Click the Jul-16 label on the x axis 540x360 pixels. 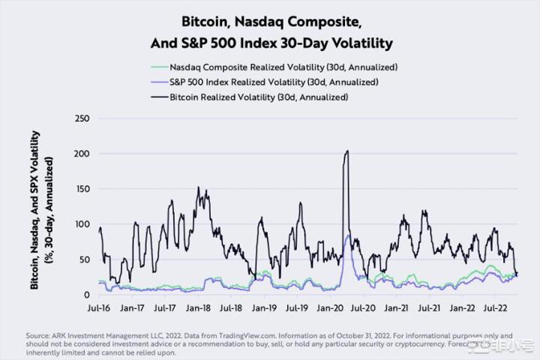pos(99,307)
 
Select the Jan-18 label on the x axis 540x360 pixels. pos(198,307)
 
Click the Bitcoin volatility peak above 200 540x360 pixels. pos(346,151)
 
